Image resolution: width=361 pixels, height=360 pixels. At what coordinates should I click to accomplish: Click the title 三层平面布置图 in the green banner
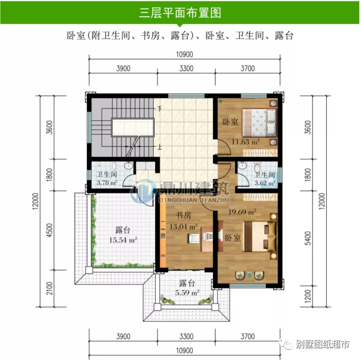[x=180, y=13]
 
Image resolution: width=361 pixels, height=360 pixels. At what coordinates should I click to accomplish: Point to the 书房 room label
[x=183, y=216]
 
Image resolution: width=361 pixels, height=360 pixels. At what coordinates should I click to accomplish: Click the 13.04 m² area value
[x=183, y=226]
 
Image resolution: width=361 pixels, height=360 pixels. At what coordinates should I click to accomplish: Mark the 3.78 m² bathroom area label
[x=107, y=183]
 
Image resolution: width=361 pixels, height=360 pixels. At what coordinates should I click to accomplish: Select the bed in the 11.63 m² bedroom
[x=259, y=122]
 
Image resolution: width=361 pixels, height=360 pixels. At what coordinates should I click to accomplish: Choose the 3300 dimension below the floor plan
[x=186, y=337]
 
